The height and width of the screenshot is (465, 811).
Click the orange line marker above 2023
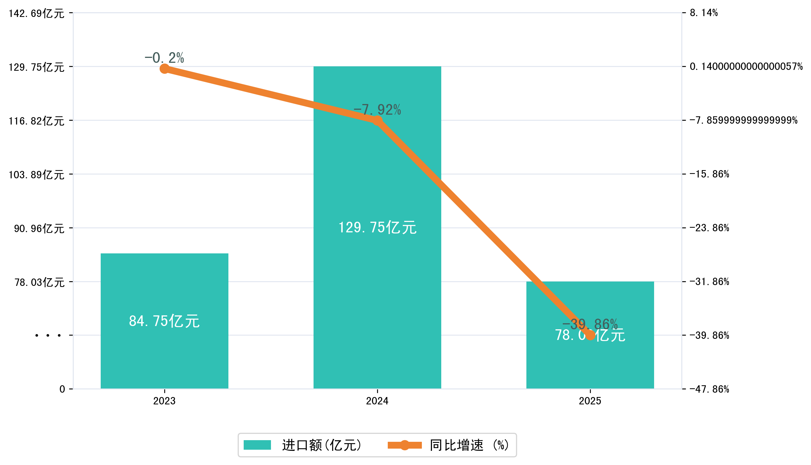164,69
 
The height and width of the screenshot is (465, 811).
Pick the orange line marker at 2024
377,121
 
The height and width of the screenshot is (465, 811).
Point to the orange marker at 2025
590,335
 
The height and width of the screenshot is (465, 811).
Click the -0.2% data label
164,58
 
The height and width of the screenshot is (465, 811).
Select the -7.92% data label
377,109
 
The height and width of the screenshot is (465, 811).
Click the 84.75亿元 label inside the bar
164,321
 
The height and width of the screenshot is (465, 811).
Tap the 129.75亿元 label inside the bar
377,227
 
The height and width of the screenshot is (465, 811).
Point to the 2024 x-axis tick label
377,401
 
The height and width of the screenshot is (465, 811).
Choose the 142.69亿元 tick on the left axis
36,13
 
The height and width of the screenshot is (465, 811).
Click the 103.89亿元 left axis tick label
36,175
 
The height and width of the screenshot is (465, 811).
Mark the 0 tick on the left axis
62,389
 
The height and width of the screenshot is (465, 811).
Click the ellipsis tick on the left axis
48,336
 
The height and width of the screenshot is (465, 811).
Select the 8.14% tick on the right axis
703,13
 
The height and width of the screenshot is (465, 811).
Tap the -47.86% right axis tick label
709,389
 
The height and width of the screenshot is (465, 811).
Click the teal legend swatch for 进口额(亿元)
257,445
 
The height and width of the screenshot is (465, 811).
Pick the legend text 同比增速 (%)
469,445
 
